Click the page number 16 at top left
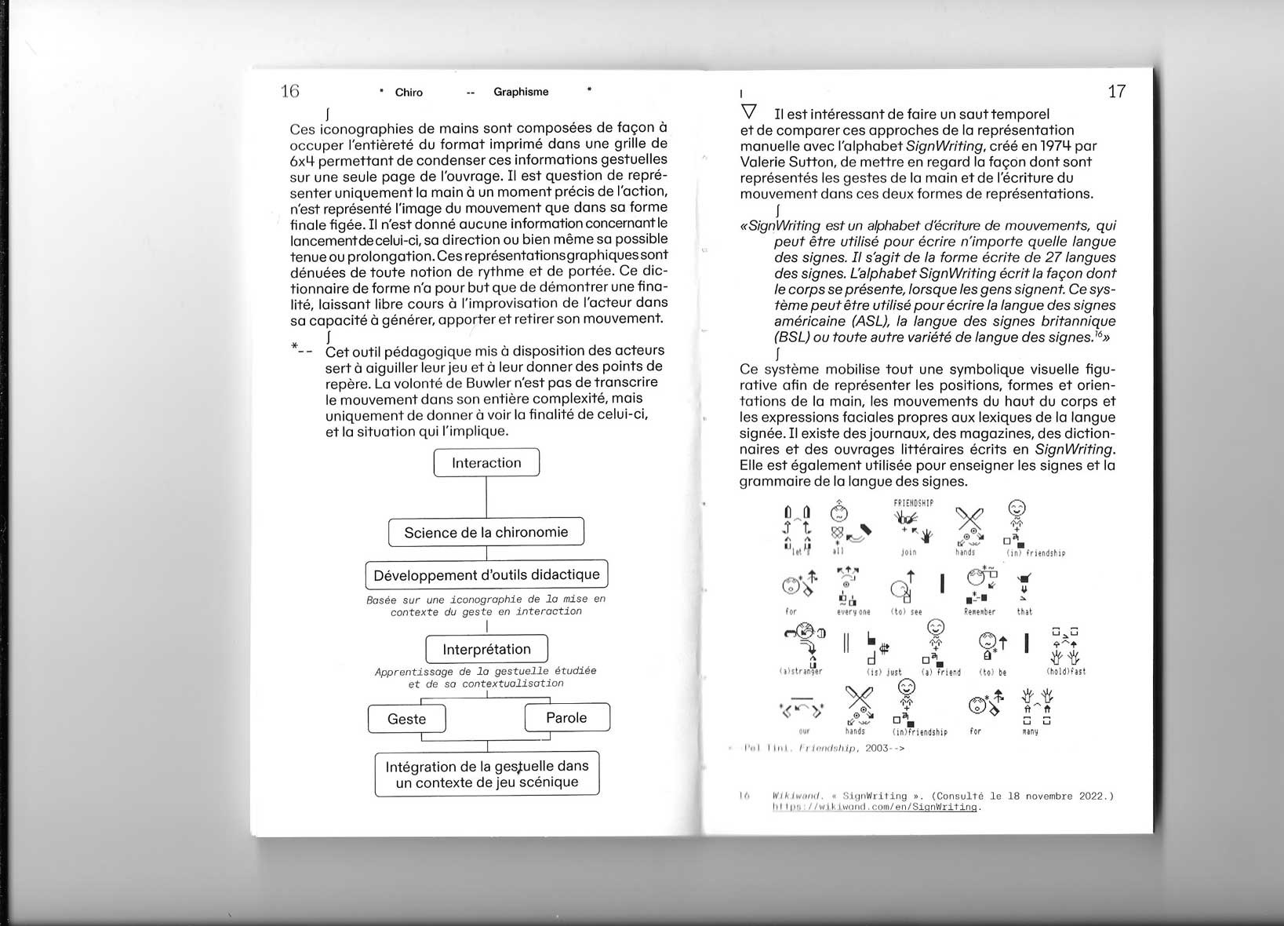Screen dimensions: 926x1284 pos(290,91)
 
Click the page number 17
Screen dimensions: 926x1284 pos(1116,91)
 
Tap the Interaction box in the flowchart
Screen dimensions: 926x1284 pos(486,463)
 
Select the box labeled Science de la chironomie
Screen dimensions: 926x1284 pos(486,532)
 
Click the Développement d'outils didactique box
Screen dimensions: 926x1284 pos(486,574)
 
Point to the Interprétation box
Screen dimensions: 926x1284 pos(486,649)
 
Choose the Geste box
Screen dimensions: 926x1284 pos(406,719)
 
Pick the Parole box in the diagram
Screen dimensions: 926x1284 pos(566,717)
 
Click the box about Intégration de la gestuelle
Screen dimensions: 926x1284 pos(486,774)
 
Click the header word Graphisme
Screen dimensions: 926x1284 pos(521,92)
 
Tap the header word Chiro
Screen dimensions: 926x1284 pos(409,93)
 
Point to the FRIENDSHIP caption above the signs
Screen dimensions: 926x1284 pos(913,503)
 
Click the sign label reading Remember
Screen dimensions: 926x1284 pos(980,612)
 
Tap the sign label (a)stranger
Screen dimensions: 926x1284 pos(800,672)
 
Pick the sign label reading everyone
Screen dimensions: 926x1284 pos(853,612)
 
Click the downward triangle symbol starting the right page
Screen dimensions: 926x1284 pos(749,112)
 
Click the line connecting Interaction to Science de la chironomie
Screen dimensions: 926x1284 pos(486,497)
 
